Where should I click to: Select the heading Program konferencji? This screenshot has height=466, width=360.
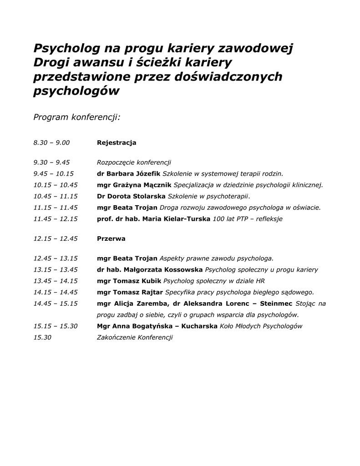77,117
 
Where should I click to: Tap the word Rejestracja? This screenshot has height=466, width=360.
117,142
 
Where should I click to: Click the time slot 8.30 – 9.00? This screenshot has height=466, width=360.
51,142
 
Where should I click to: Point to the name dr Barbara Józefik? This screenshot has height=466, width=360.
129,173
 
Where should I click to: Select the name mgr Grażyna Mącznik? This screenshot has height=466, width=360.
134,185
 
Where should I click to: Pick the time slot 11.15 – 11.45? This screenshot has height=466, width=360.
56,208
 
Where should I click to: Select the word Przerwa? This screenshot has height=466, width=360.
111,238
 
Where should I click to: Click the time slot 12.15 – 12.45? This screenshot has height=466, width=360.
56,238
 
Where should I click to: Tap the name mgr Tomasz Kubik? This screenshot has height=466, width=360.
129,281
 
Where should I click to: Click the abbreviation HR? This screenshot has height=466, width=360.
260,281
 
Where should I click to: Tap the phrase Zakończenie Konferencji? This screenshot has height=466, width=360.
135,337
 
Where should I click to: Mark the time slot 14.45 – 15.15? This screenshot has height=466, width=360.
56,304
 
